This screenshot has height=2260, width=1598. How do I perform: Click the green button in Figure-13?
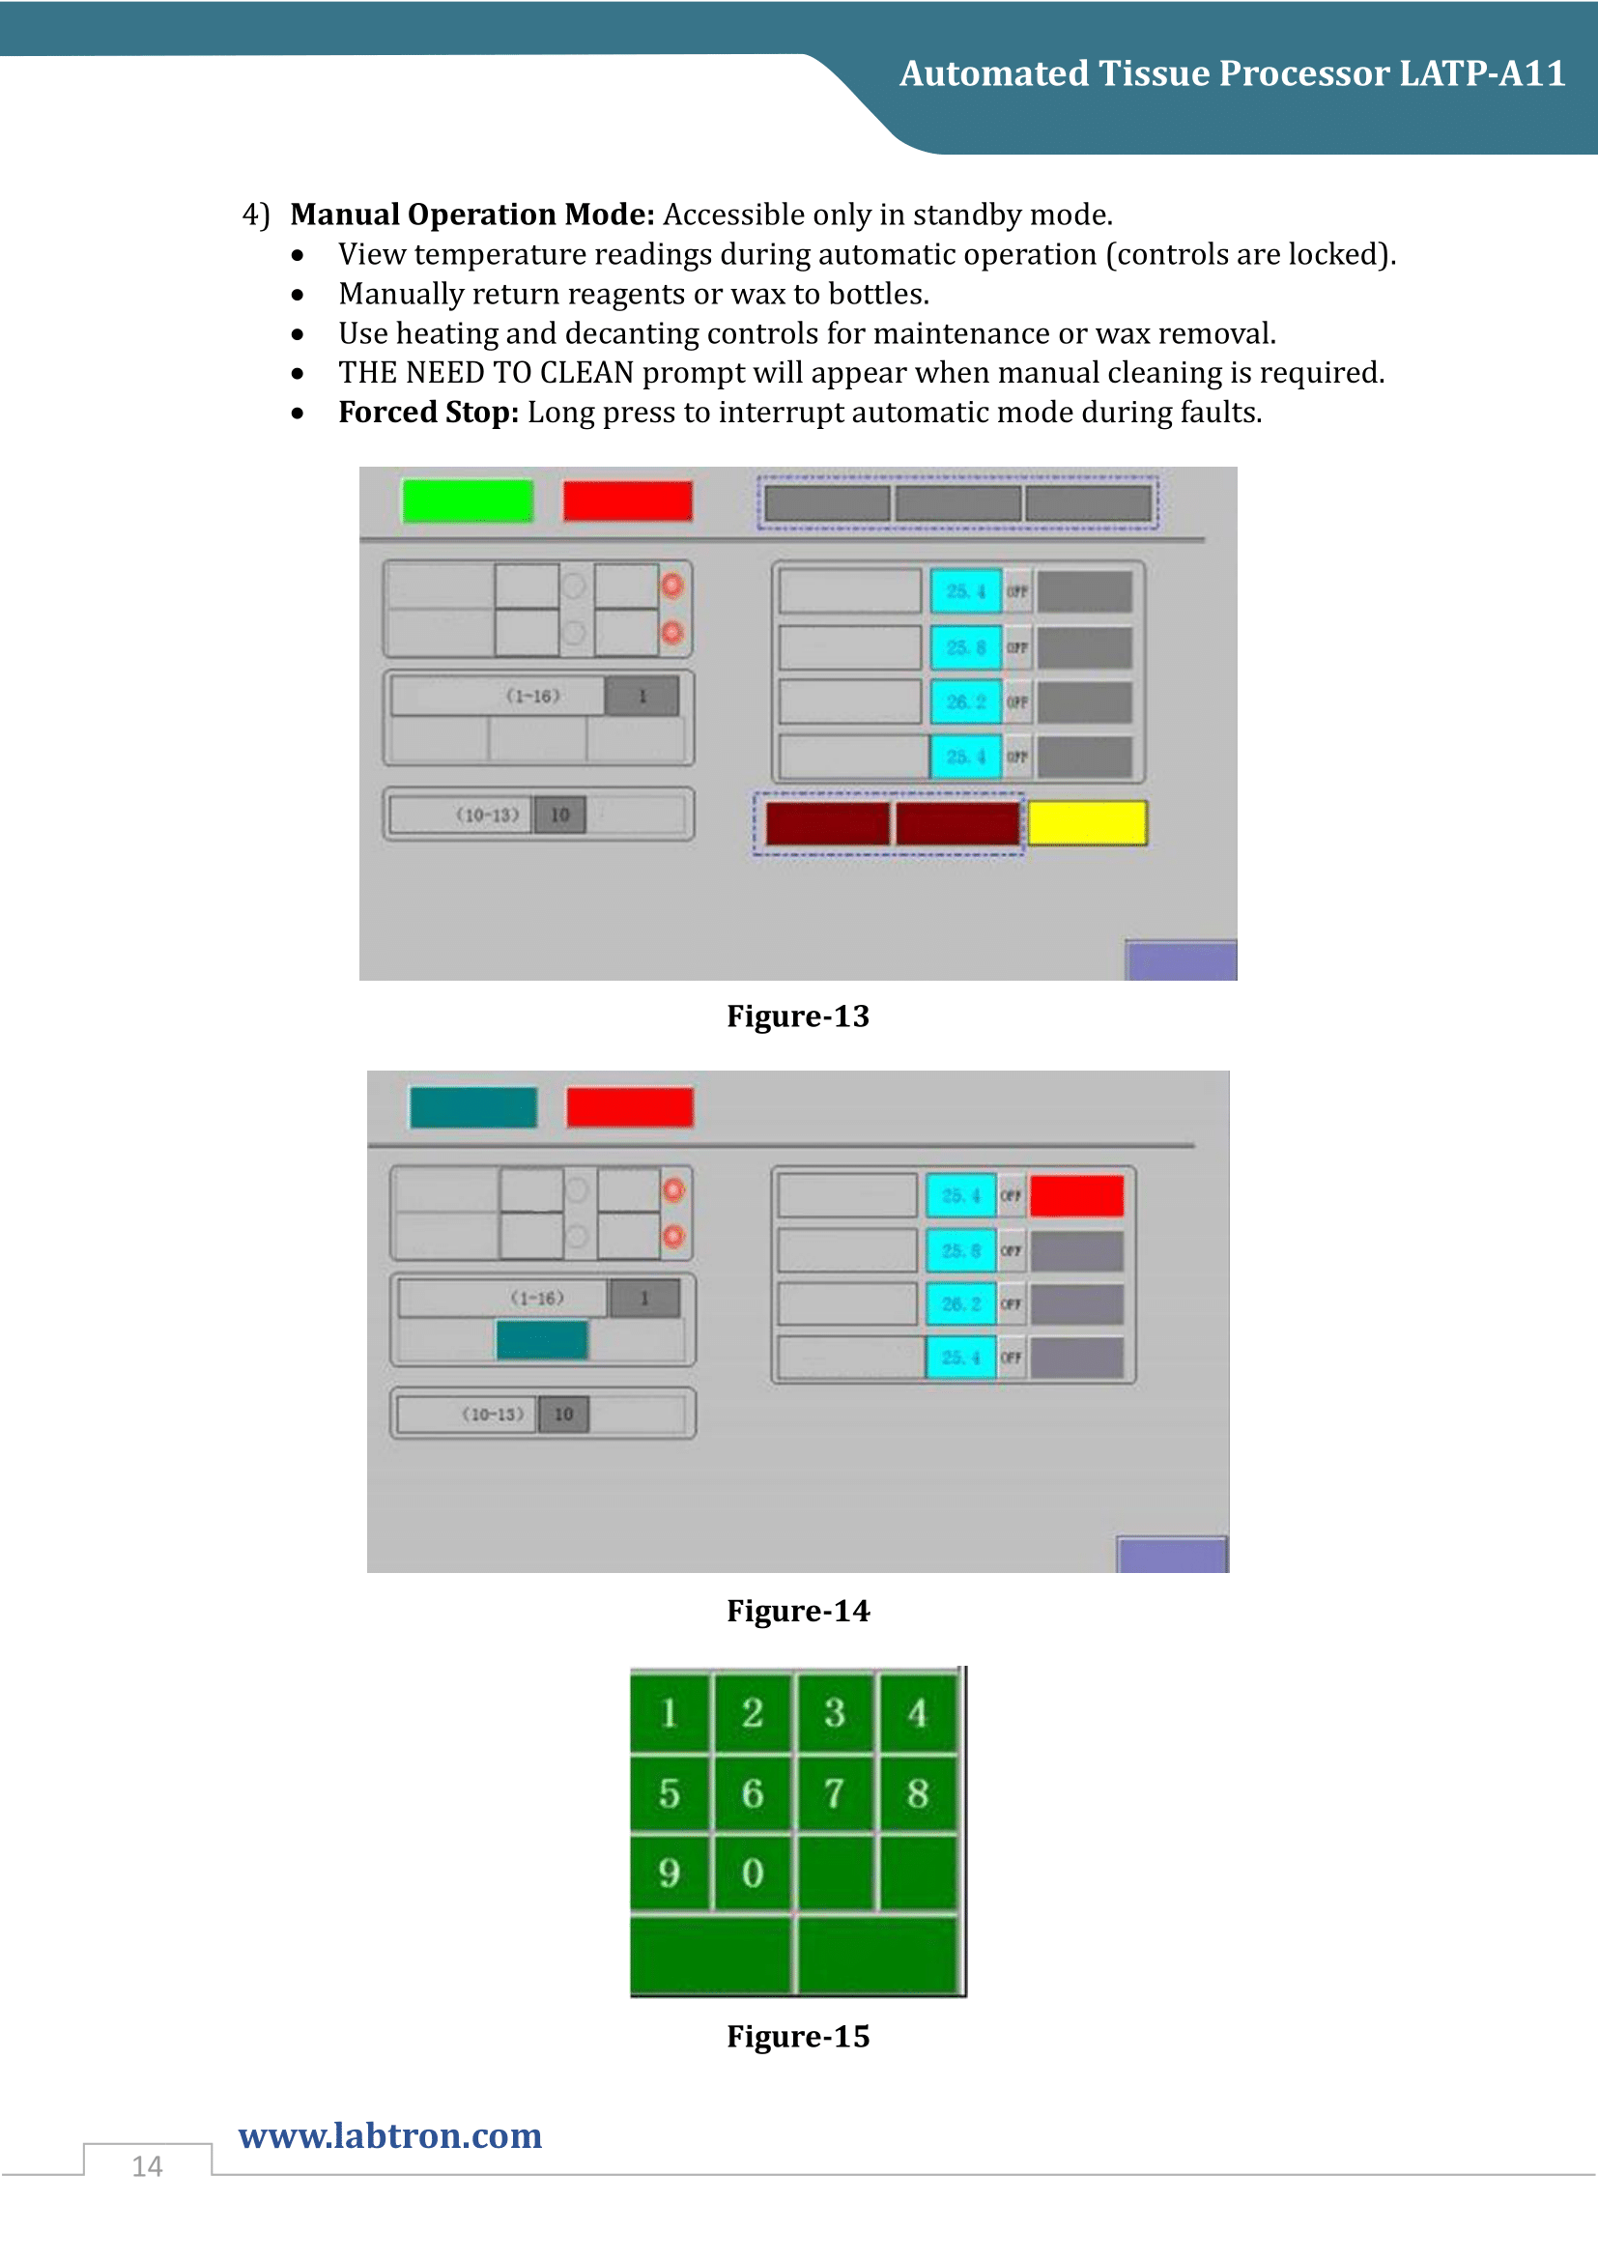coord(468,501)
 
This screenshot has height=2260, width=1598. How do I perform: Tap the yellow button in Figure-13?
coord(1086,823)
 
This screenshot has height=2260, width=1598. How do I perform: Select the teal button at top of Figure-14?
coord(473,1107)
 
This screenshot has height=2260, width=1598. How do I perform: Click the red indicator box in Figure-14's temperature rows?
coord(1076,1196)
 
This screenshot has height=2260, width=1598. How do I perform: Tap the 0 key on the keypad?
coord(753,1873)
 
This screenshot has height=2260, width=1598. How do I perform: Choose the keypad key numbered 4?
coord(917,1713)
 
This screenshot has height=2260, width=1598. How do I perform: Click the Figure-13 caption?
coord(798,1016)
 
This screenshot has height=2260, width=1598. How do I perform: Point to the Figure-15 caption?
coord(798,2036)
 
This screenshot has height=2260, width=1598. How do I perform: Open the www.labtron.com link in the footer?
coord(390,2135)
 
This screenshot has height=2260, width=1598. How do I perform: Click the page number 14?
coord(148,2165)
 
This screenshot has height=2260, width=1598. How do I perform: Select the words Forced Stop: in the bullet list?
coord(428,413)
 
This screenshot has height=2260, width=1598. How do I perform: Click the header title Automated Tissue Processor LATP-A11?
coord(1232,73)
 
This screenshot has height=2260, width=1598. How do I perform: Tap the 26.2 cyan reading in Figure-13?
coord(965,701)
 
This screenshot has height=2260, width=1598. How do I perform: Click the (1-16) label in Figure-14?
coord(537,1299)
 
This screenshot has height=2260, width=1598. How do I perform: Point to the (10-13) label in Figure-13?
coord(487,815)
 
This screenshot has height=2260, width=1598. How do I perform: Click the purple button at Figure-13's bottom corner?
coord(1181,960)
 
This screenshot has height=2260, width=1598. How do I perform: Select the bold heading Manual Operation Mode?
coord(472,215)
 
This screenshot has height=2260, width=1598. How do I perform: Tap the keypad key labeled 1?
coord(670,1713)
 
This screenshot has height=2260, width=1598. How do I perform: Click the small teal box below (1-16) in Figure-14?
coord(542,1339)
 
